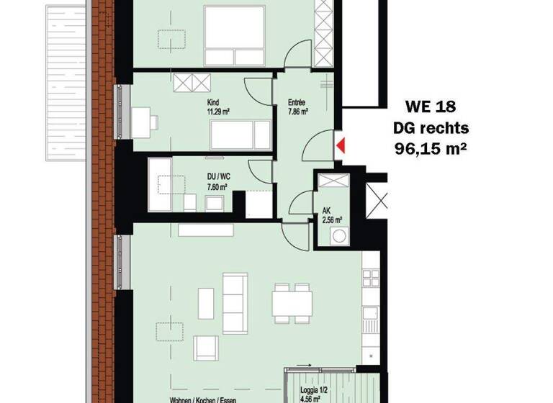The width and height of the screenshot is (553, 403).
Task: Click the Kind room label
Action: click(212, 102)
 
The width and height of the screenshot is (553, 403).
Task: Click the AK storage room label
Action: click(327, 212)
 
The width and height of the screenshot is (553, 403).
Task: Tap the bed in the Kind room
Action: click(240, 133)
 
